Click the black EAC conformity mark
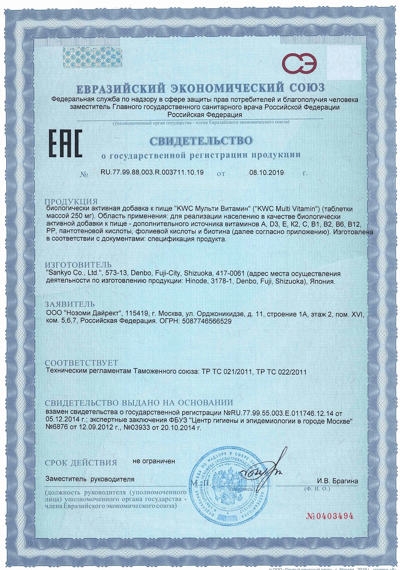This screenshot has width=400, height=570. [x=65, y=144]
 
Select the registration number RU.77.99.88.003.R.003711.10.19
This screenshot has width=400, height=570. [x=152, y=172]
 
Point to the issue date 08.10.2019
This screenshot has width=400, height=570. [x=266, y=173]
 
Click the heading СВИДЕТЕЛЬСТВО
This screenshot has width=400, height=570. [x=201, y=141]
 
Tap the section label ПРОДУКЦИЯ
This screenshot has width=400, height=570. [x=71, y=202]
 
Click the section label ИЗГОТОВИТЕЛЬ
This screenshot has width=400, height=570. [x=78, y=265]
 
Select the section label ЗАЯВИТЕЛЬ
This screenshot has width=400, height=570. [x=69, y=304]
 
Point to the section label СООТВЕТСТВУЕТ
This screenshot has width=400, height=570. [x=81, y=363]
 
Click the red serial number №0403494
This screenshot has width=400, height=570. [x=329, y=516]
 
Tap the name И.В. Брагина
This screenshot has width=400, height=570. [x=338, y=481]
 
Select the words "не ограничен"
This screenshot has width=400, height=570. [x=154, y=461]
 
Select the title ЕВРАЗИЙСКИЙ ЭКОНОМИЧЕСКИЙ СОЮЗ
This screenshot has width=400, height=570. [x=201, y=88]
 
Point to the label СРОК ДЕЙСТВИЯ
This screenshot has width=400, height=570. [x=81, y=463]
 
